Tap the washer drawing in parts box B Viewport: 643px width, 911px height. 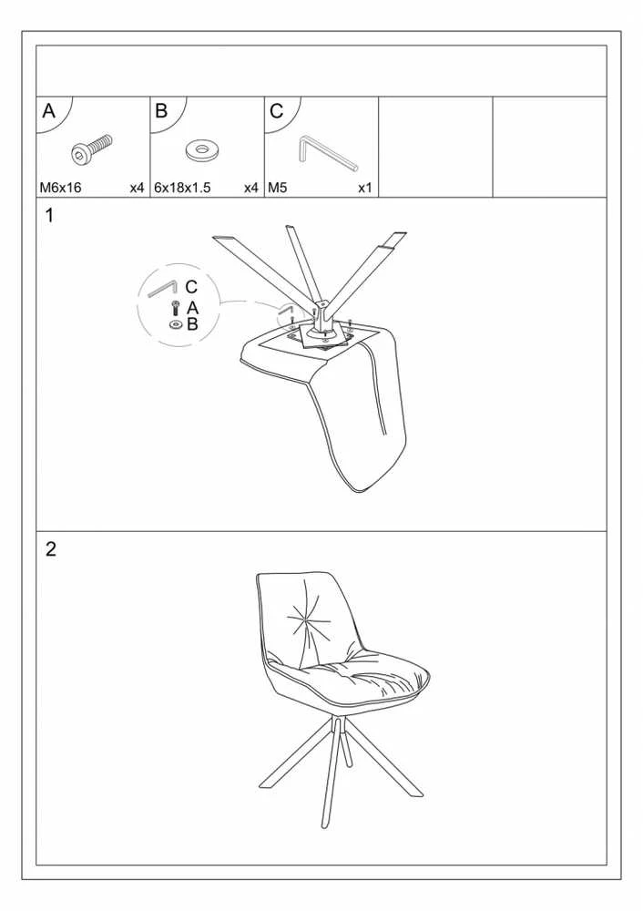[200, 150]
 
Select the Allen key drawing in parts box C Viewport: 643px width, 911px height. [326, 153]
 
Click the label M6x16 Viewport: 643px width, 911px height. [60, 188]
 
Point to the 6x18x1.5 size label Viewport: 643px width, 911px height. [182, 188]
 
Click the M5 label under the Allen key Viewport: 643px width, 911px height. [278, 188]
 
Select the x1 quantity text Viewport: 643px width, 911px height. [365, 188]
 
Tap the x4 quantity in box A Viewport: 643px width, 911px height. [137, 188]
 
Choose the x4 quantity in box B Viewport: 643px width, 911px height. [251, 188]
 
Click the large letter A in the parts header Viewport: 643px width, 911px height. [49, 110]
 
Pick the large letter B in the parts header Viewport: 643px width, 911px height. [161, 110]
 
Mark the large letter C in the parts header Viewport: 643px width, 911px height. [277, 110]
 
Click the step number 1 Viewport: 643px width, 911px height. [49, 216]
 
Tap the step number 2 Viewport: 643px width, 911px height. [50, 549]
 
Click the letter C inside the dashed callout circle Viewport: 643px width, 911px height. [191, 287]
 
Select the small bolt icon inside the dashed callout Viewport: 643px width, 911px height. [176, 308]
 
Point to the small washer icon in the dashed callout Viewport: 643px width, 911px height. [176, 324]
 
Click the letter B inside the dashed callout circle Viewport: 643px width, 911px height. [192, 324]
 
